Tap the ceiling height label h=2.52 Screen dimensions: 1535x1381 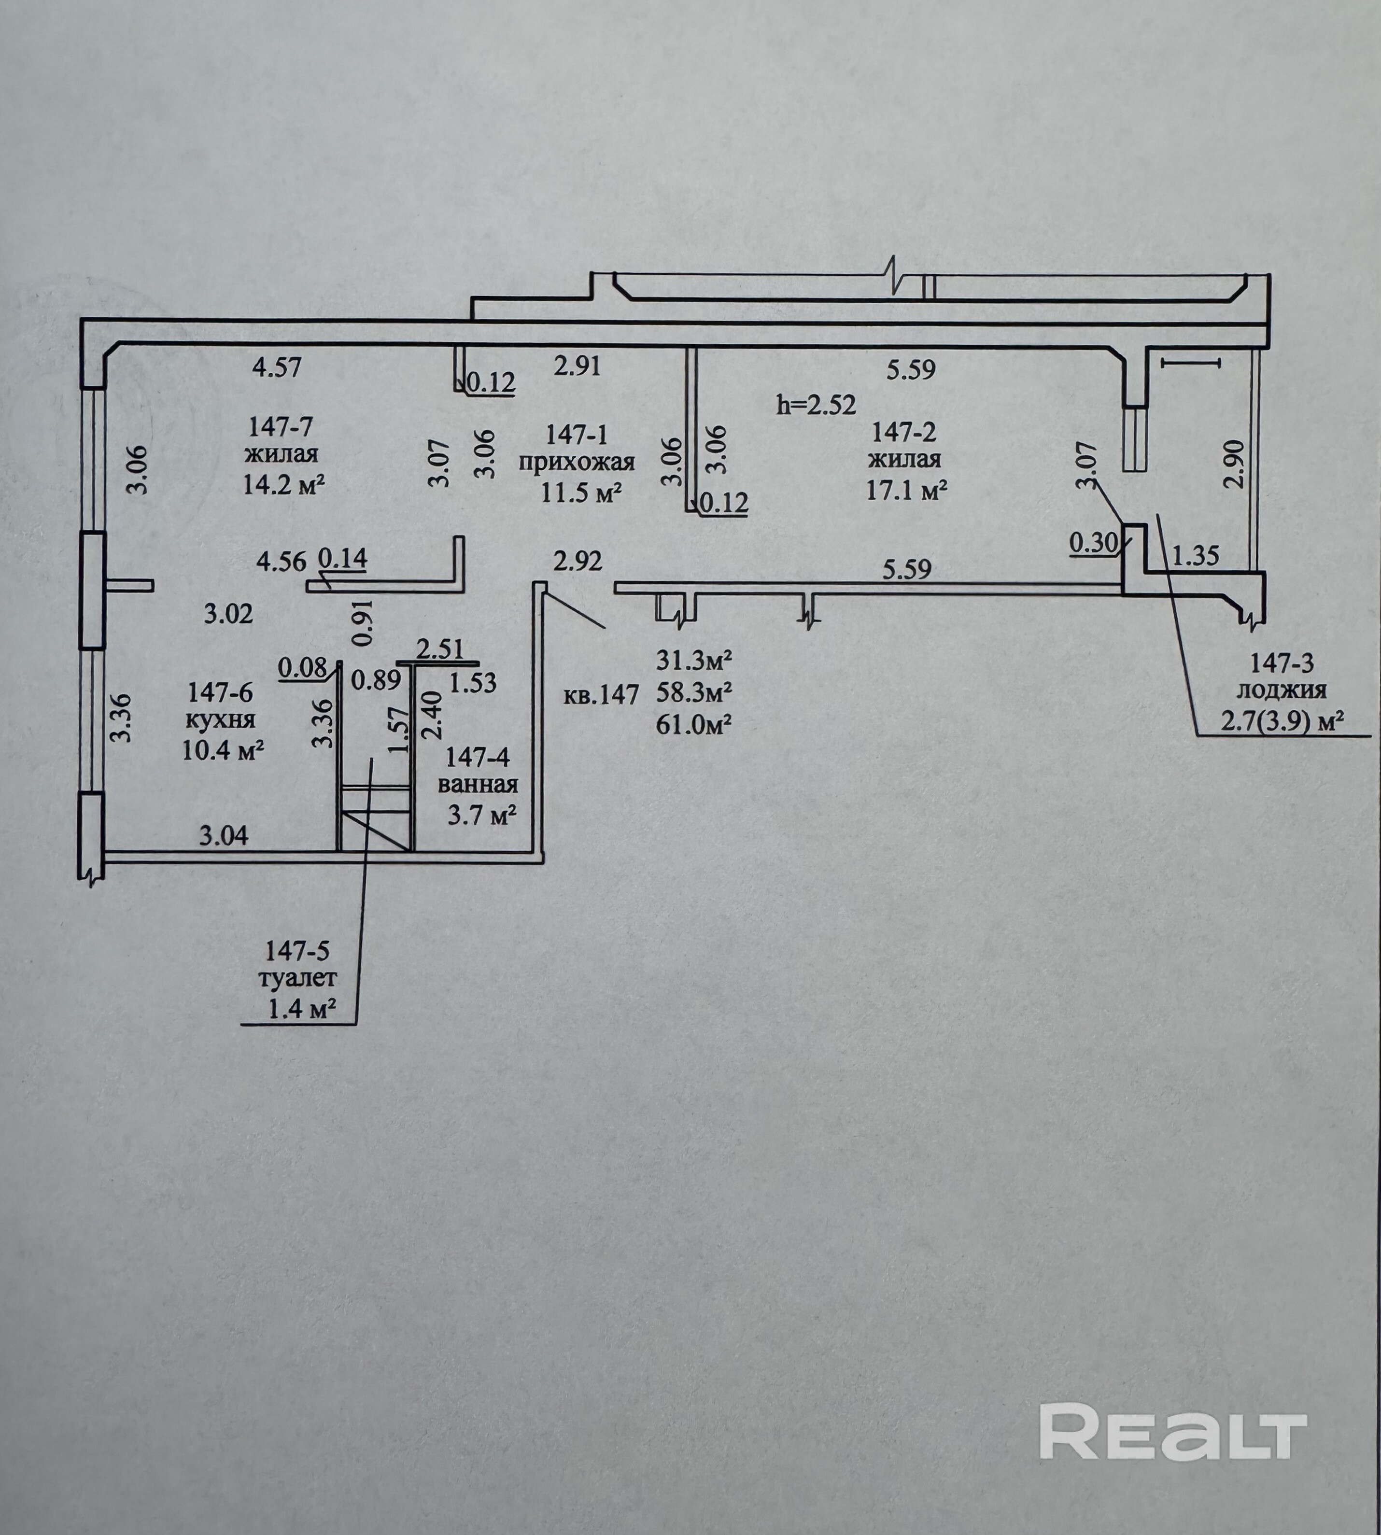(816, 405)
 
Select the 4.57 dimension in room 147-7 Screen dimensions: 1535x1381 (277, 368)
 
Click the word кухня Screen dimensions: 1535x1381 (221, 719)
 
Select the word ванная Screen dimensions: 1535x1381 (478, 785)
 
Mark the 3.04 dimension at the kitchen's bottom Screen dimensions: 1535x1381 (223, 836)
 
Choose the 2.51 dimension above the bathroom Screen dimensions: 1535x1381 (440, 649)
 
